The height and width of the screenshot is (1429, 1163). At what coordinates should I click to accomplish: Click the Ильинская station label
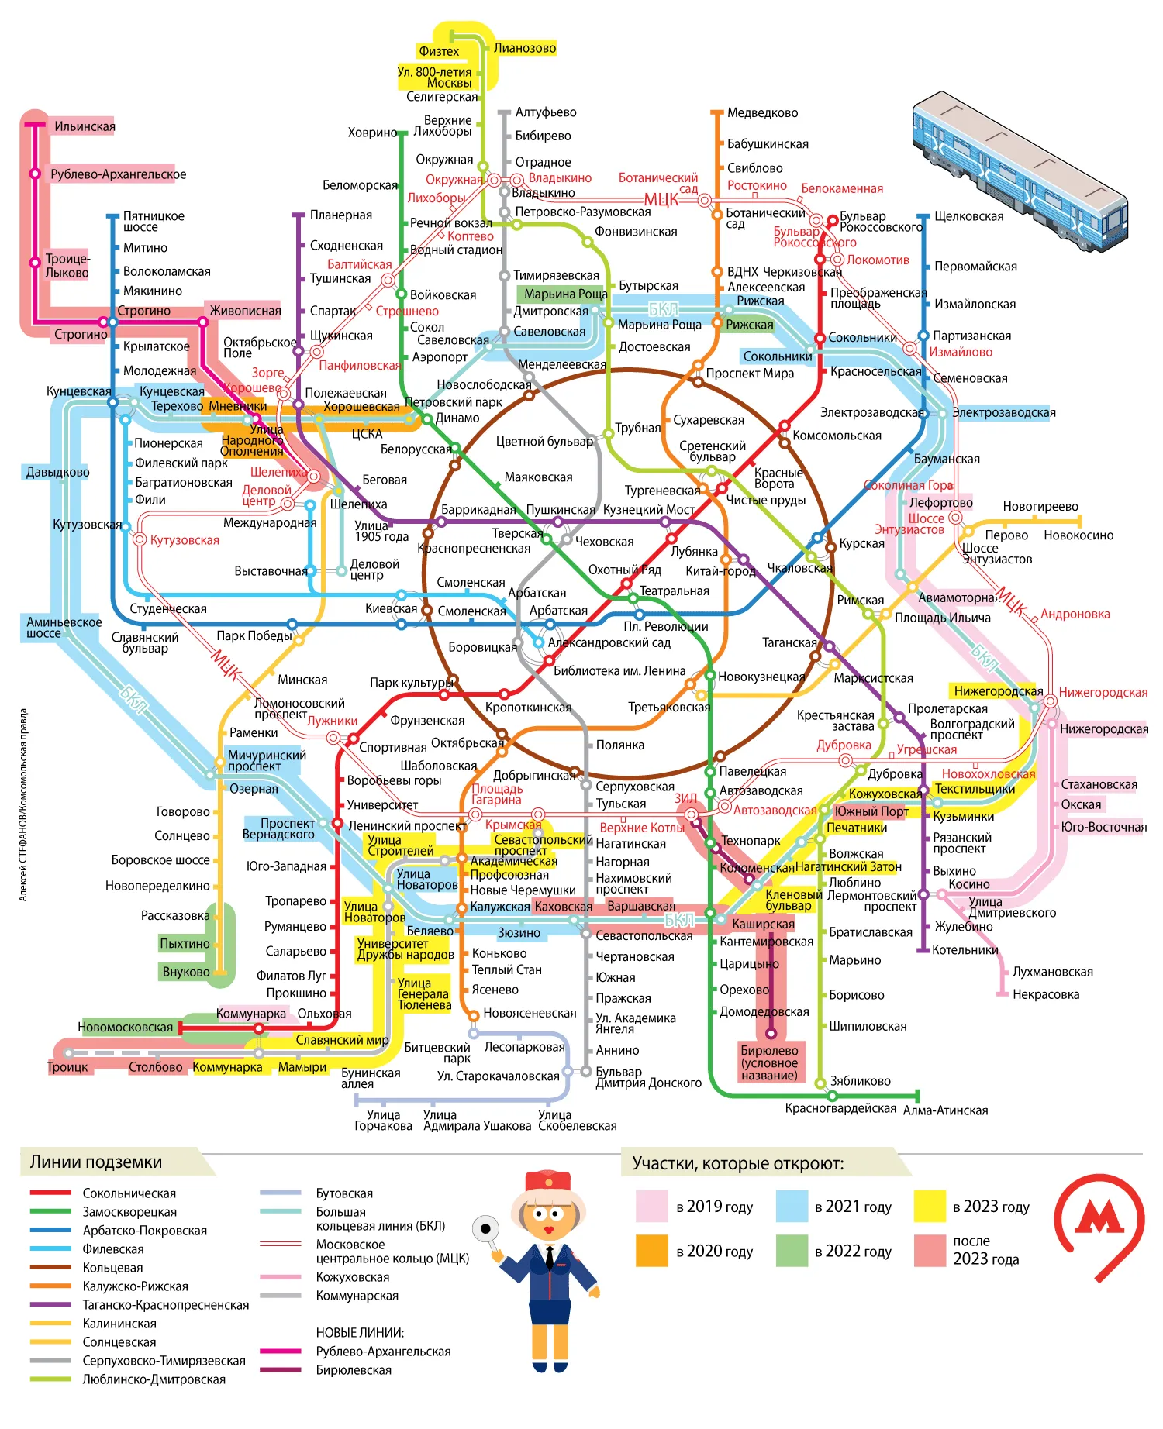click(x=85, y=126)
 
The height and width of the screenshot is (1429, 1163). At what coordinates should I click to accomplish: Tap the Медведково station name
click(x=762, y=113)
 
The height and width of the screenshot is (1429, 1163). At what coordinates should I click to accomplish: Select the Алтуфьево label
click(x=546, y=112)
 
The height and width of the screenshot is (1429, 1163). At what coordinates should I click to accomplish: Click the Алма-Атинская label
click(x=945, y=1110)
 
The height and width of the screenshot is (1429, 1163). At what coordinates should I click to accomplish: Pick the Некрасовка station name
click(x=1045, y=994)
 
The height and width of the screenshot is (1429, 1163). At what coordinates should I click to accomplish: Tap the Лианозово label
click(x=525, y=48)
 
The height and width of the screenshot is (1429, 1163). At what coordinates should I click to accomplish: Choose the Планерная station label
click(x=341, y=215)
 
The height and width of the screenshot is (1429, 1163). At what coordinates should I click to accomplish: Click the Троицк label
click(x=67, y=1067)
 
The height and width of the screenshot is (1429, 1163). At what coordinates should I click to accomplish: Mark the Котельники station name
click(x=965, y=950)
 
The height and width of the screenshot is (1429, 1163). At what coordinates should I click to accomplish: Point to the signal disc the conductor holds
click(x=486, y=1228)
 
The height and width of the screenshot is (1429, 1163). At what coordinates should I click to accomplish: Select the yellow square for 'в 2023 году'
click(x=930, y=1207)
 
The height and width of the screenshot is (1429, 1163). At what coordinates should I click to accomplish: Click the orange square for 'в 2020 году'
click(x=651, y=1251)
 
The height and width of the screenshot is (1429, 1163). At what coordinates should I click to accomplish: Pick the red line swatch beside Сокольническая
click(x=50, y=1193)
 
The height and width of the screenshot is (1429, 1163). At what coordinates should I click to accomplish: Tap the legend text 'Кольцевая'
click(x=112, y=1268)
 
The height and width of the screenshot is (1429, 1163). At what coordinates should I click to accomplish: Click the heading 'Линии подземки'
click(x=96, y=1162)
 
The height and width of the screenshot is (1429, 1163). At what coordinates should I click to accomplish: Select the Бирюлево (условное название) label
click(x=769, y=1062)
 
